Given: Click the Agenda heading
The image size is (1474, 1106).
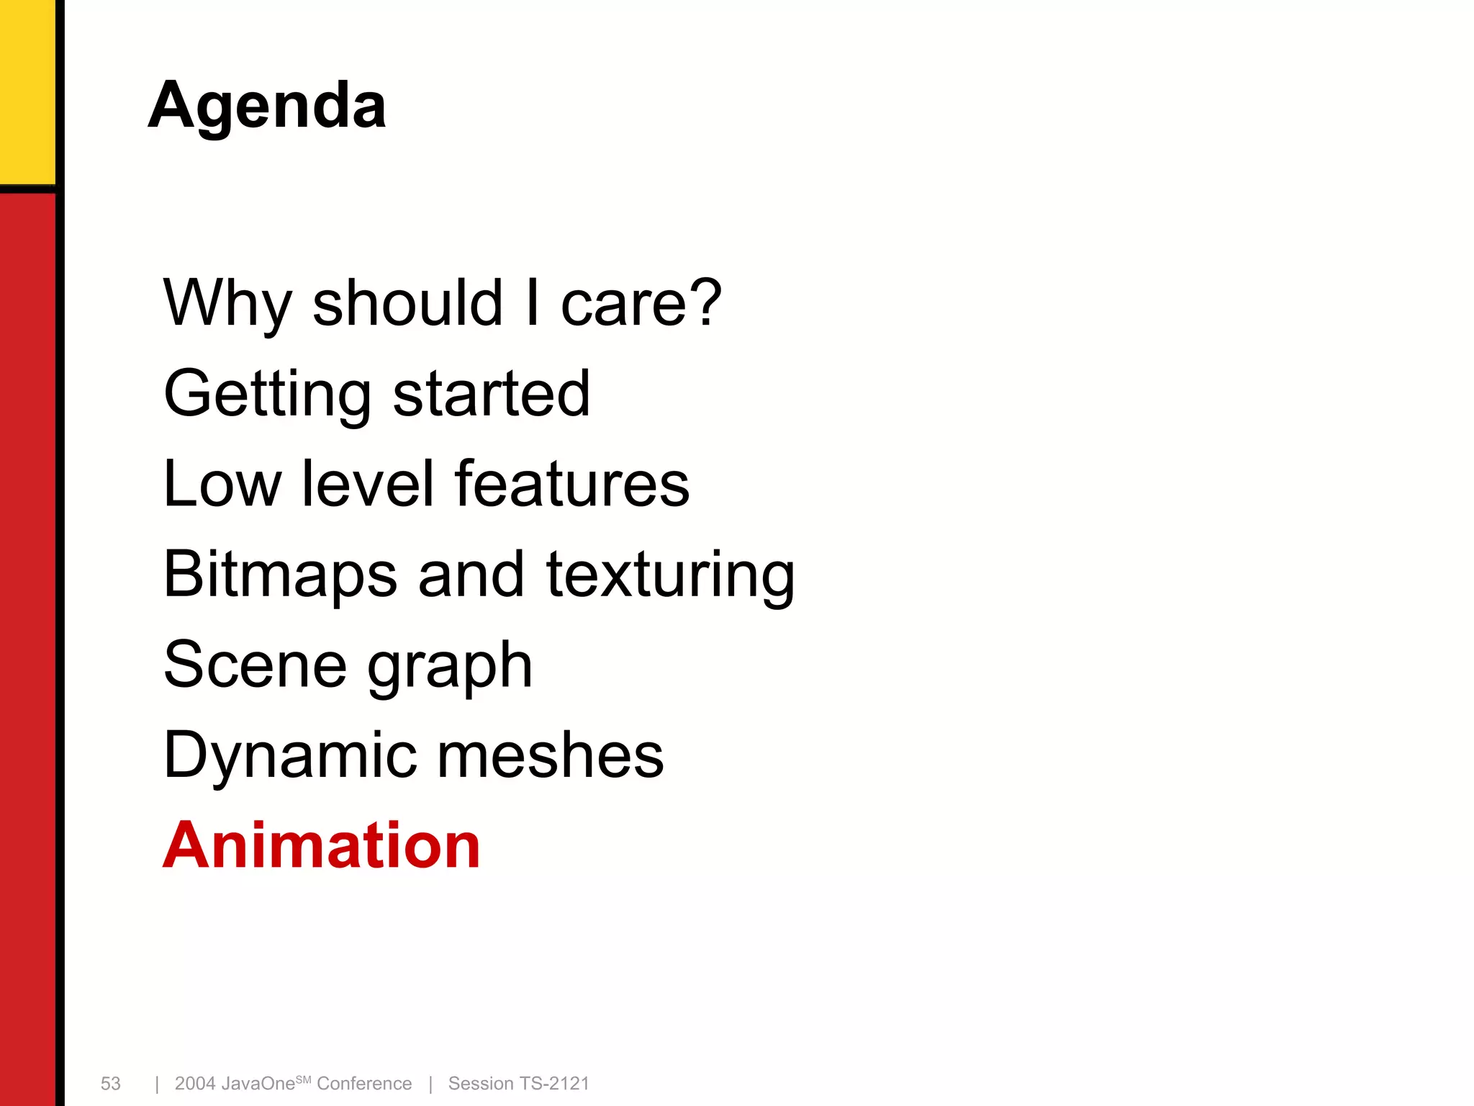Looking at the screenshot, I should [x=267, y=106].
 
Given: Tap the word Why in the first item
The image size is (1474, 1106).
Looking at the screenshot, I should [x=227, y=304].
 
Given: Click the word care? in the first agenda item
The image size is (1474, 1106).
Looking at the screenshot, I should [x=641, y=304].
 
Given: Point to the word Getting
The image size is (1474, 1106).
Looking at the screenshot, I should [x=267, y=394].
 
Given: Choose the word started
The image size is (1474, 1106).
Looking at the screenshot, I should [x=492, y=394].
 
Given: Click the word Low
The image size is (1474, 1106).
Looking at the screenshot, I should [x=222, y=484].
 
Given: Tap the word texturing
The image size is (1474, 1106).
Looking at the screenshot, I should [x=670, y=575].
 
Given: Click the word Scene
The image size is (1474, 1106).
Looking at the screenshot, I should [x=255, y=665].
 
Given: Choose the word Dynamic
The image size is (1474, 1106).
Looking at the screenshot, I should [x=288, y=755].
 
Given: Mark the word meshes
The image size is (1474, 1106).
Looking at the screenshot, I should [x=551, y=755].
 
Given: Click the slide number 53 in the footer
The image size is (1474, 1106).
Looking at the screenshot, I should [x=111, y=1084].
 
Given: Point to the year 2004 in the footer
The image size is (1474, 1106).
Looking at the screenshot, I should [x=194, y=1084].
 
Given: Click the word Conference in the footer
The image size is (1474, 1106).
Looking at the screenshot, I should [x=364, y=1084].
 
